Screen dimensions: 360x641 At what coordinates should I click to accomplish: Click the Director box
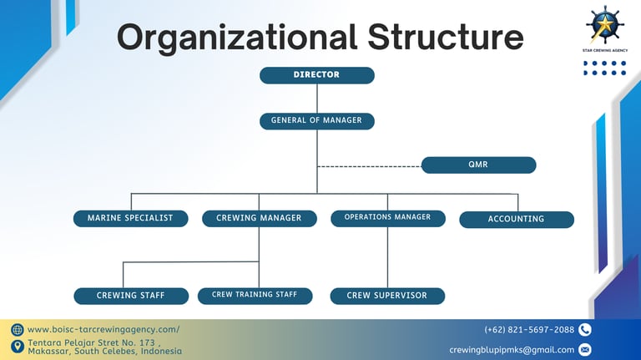(316, 75)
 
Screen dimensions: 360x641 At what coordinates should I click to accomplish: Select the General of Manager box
(316, 120)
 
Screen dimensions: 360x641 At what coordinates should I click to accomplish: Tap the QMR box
(478, 165)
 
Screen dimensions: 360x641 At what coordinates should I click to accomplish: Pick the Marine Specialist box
(130, 218)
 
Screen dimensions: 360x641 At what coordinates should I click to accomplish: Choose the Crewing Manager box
(259, 218)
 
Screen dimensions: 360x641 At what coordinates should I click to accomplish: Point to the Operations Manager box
(387, 218)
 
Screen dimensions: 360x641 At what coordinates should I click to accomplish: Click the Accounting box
(516, 219)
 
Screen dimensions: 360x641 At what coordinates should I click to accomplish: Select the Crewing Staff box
(130, 296)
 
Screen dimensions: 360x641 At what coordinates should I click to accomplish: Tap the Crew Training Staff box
(255, 296)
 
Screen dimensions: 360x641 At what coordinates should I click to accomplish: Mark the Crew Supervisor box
(387, 296)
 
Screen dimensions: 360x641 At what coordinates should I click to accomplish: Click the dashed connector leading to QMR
(369, 166)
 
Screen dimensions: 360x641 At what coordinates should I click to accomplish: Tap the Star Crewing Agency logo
(605, 24)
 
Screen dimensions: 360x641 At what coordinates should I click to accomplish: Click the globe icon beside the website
(18, 330)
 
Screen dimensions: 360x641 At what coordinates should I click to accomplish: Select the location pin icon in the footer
(18, 347)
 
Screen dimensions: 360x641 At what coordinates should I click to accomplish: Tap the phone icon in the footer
(584, 330)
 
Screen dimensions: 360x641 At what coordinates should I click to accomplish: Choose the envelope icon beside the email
(584, 350)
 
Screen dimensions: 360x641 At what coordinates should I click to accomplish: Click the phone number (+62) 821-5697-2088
(529, 330)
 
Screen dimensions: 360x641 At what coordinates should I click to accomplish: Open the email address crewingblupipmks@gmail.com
(512, 350)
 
